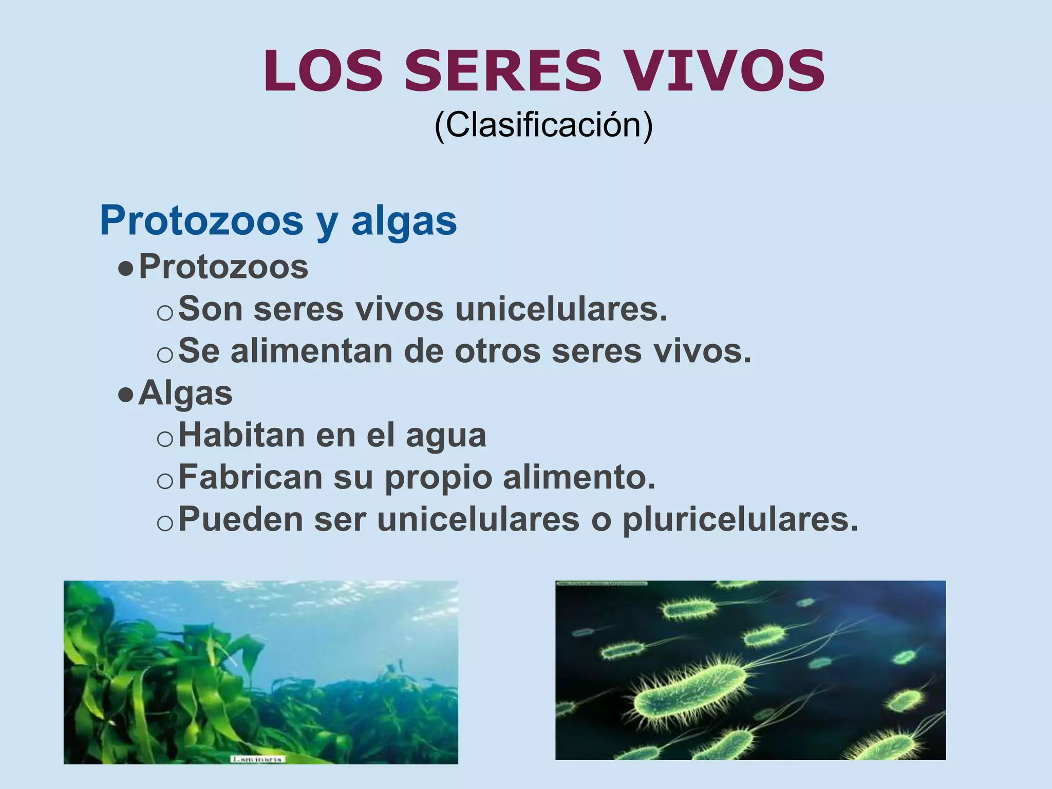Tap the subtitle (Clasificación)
pos(543,125)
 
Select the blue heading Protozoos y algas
pos(278,221)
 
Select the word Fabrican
pos(251,477)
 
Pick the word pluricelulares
pos(740,519)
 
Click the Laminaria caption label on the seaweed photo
pos(257,759)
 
